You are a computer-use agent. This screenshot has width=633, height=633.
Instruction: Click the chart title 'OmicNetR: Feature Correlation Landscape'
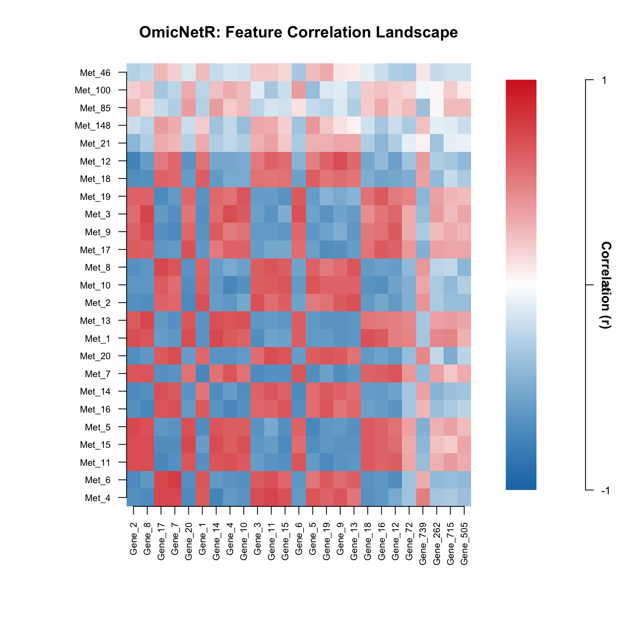coord(299,33)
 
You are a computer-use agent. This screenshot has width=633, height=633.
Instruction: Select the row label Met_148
coord(93,126)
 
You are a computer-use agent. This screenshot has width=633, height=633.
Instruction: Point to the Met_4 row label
coord(98,497)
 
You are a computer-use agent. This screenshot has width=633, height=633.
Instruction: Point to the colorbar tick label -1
coord(605,491)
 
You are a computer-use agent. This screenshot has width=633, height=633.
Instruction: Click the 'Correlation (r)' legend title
coord(606,285)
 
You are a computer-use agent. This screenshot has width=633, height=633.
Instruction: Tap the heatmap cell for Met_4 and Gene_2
coord(133,497)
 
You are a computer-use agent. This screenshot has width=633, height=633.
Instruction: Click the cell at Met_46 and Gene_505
coord(464,72)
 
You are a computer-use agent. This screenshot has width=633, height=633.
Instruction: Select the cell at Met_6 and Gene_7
coord(175,479)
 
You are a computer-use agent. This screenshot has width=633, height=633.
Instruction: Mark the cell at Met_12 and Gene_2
coord(133,161)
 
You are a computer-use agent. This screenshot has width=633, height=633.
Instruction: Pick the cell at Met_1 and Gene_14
coord(216,338)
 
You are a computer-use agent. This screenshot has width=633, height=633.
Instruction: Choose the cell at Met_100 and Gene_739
coord(423,90)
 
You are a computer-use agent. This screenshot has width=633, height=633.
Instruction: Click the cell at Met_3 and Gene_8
coord(147,214)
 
